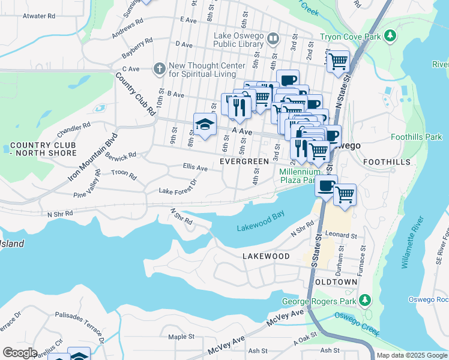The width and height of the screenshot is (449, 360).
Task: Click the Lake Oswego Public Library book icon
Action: tap(273, 39)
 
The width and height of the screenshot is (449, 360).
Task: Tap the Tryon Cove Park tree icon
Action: tap(390, 37)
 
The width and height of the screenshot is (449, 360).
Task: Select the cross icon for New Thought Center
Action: tap(159, 68)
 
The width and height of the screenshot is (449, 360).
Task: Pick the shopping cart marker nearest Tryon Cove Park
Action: tap(339, 61)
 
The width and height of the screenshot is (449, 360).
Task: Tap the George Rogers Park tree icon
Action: tap(364, 300)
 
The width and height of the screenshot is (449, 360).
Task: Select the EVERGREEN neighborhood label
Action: tap(244, 162)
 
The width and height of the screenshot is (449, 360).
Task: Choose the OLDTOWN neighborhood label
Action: tap(334, 281)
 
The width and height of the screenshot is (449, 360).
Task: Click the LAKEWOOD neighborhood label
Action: tap(266, 256)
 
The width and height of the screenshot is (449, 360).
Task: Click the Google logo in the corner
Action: tap(20, 353)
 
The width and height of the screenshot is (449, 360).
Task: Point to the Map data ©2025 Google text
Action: tap(411, 355)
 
